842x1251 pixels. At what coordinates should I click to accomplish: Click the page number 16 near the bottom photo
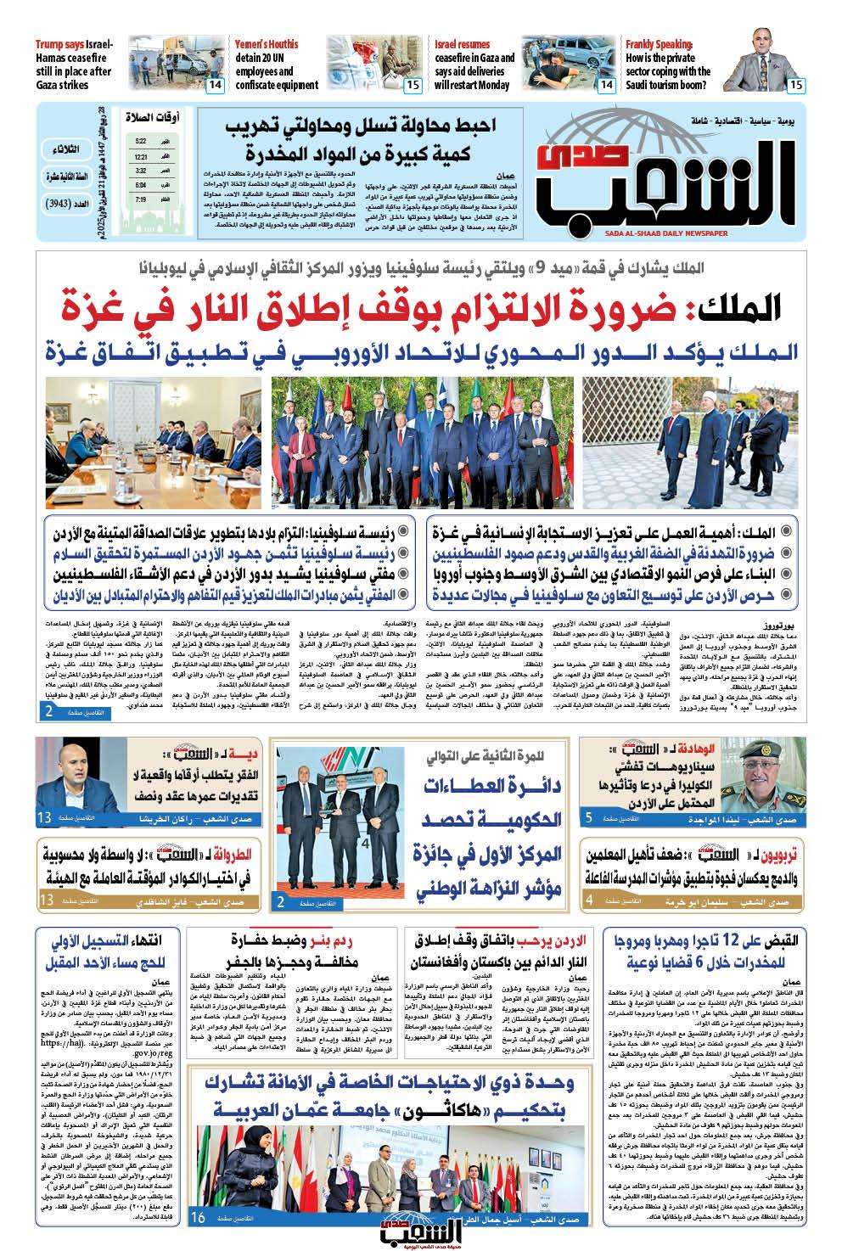tap(198, 1218)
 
